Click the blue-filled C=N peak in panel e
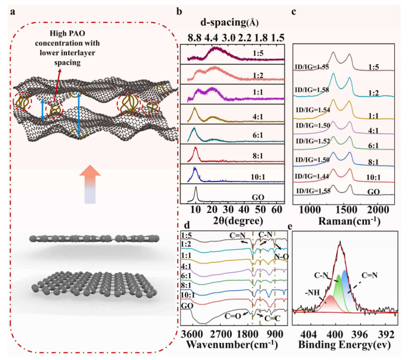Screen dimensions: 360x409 point(346,285)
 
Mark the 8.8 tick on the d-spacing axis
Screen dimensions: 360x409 point(193,39)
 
